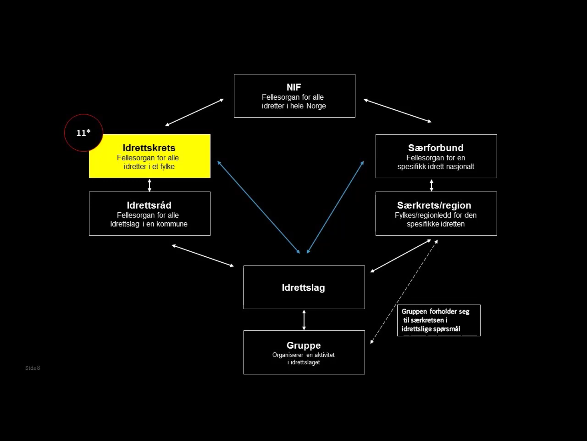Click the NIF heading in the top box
click(294, 87)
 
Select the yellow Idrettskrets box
click(150, 156)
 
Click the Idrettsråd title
click(149, 205)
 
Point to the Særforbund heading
click(436, 148)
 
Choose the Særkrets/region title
click(434, 205)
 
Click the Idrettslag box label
click(303, 287)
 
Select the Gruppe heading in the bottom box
click(304, 345)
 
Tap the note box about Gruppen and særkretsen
click(439, 320)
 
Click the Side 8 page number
click(33, 368)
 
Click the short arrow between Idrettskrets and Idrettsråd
click(149, 185)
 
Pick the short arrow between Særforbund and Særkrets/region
click(431, 185)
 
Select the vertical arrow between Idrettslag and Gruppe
click(304, 320)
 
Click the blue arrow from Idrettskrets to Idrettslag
click(258, 207)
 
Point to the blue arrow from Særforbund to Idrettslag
click(335, 207)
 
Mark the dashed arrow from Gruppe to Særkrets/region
click(404, 292)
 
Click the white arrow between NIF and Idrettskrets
click(195, 112)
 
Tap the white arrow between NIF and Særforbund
click(398, 111)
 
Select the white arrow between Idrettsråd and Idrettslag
click(203, 256)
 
